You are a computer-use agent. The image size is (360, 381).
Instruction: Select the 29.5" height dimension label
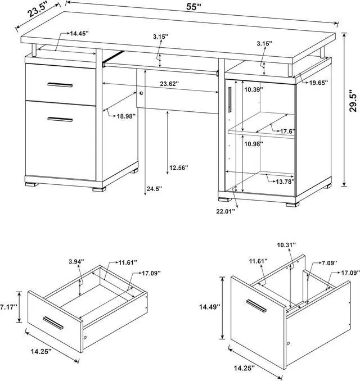353,101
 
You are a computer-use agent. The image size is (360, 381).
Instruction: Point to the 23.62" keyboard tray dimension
169,84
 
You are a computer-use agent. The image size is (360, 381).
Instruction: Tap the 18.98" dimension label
128,116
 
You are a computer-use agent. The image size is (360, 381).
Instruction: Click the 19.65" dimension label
318,83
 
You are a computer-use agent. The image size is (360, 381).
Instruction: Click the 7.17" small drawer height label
8,307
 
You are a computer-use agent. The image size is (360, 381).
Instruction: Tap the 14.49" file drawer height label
209,307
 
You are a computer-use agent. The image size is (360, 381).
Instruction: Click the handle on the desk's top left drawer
60,85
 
